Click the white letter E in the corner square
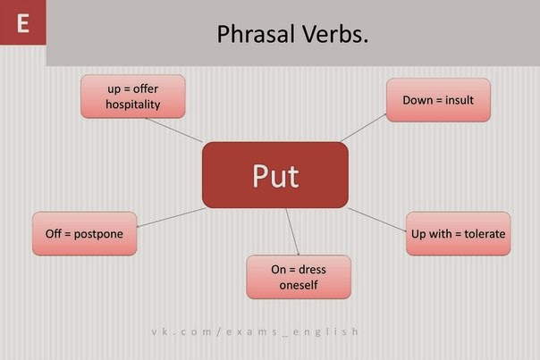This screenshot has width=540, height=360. pos(22,23)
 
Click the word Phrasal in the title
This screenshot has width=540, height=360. pos(256,34)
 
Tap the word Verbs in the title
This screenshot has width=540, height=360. pos(335,34)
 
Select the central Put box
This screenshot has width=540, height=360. pos(275,175)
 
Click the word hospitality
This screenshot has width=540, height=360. pos(133,105)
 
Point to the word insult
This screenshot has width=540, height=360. pos(460,100)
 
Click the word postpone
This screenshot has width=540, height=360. pos(98,234)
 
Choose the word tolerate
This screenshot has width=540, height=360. pos(485,234)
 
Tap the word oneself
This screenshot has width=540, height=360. pos(299,285)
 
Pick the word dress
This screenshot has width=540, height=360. pos(312,270)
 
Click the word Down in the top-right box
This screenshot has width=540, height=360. pos(418,100)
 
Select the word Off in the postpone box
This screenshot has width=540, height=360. pos(54,234)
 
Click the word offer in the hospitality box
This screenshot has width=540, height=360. pos(146,88)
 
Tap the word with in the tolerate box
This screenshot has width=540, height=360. pos(441,234)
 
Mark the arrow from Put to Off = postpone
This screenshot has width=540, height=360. pos(171,217)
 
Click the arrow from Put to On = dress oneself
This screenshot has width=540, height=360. pos(292,231)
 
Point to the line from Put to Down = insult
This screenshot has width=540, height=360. pos(363,128)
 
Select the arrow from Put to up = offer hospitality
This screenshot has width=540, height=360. pos(174,130)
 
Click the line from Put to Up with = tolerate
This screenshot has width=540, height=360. pos(377,220)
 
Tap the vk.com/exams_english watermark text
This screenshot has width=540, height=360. pos(255,331)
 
